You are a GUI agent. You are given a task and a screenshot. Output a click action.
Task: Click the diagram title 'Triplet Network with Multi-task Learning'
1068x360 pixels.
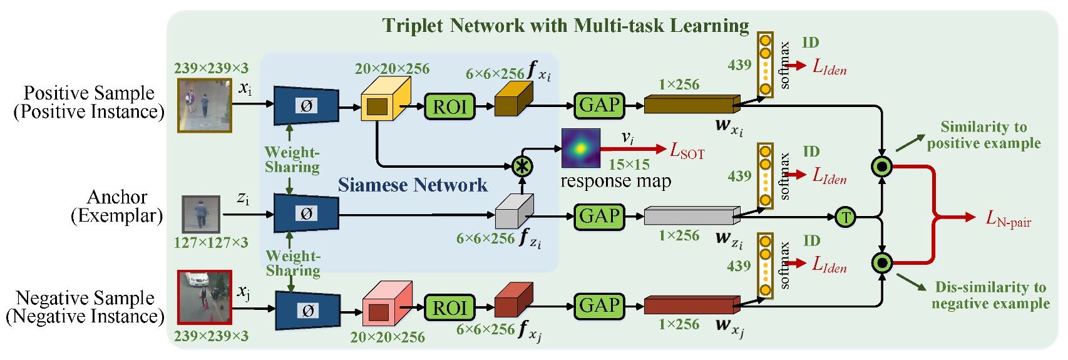(x=565, y=26)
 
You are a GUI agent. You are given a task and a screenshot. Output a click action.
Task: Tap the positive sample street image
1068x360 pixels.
(x=204, y=105)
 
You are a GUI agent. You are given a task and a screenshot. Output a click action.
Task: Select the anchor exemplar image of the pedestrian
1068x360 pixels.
(x=201, y=214)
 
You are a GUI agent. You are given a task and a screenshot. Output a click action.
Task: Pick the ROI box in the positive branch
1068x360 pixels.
(x=449, y=106)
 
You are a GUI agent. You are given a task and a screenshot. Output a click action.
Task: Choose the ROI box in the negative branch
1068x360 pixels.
(x=449, y=307)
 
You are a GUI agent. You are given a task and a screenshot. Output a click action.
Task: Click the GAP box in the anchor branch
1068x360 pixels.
(x=599, y=217)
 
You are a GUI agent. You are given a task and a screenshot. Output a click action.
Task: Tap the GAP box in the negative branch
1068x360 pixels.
(x=599, y=306)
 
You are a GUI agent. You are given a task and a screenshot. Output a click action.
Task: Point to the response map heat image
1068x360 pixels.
(x=580, y=148)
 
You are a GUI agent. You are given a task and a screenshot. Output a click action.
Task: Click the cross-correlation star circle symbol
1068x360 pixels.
(x=522, y=167)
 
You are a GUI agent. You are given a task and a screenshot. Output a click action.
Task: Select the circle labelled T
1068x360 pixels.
(x=845, y=217)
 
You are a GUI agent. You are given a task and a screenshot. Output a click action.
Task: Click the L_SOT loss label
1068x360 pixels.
(x=687, y=150)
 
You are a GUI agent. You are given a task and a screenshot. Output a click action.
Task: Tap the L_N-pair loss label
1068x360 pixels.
(x=1008, y=219)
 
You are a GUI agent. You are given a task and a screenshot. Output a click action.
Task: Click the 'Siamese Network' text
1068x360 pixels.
(x=412, y=185)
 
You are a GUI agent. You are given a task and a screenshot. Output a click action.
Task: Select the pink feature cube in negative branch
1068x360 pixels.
(x=387, y=304)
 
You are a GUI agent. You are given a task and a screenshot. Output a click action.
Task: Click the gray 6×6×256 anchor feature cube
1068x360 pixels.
(x=513, y=212)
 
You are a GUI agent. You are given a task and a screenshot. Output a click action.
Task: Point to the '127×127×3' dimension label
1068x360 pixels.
(x=211, y=243)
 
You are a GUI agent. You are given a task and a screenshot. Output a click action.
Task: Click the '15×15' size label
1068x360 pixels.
(x=629, y=165)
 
